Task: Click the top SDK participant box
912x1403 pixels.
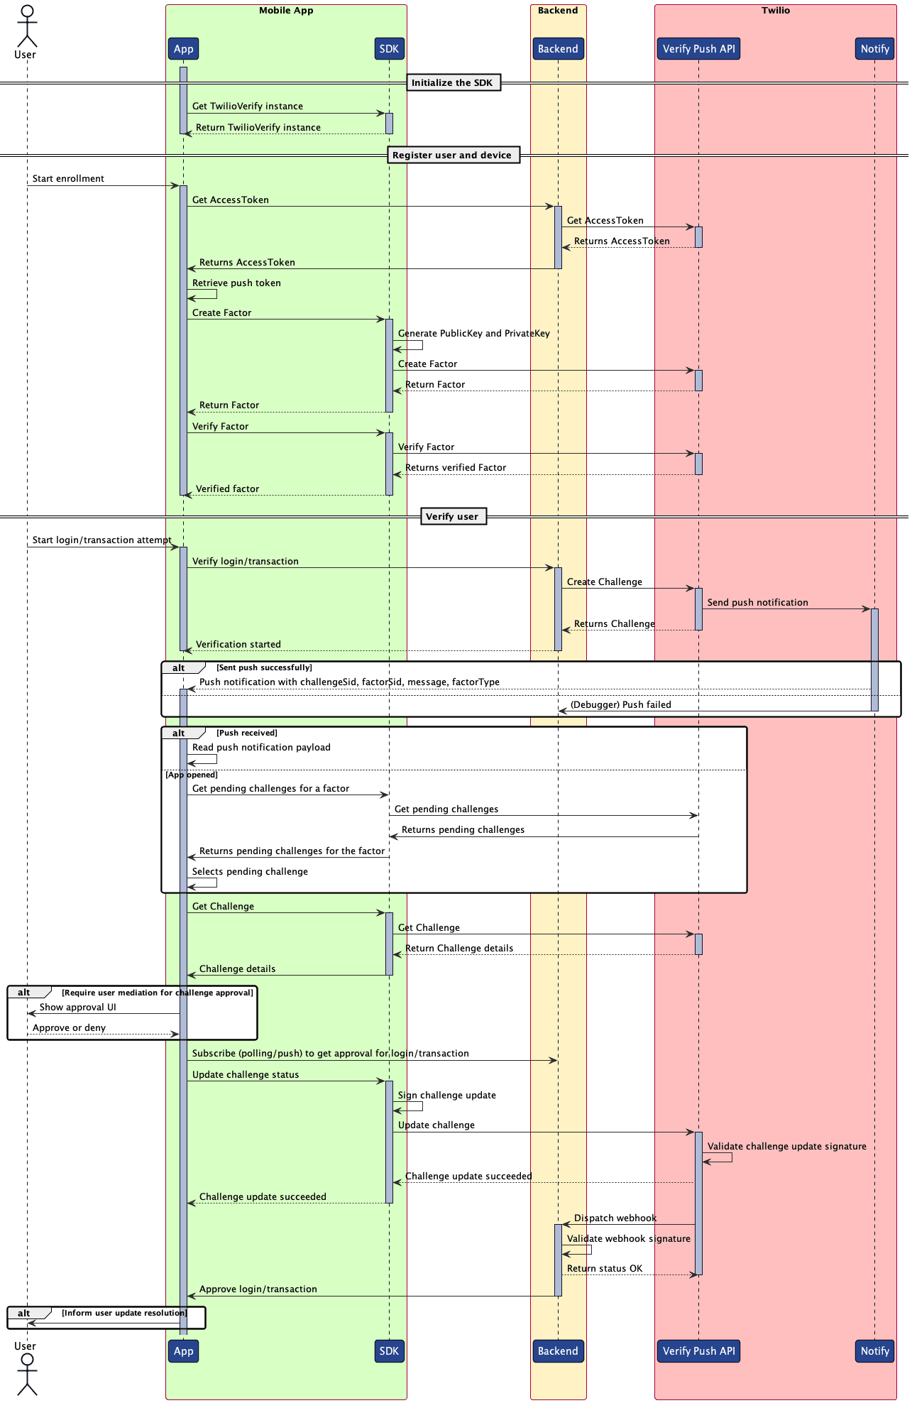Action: pos(389,49)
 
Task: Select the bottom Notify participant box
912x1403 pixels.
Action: pos(874,1350)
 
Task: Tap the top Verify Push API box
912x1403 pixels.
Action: pos(698,49)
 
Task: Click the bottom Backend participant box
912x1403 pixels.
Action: pos(558,1350)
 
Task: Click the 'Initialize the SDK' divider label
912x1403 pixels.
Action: pos(452,83)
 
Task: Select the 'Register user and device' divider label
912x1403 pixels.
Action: pos(452,155)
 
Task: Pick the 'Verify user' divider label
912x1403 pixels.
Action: pos(452,516)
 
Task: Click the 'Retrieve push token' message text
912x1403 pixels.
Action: pos(236,283)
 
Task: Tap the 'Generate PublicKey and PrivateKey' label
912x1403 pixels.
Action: pos(473,334)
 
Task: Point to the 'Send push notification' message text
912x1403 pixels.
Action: pos(757,603)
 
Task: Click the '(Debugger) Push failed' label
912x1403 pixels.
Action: pos(620,705)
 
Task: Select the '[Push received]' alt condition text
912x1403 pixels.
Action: pos(247,733)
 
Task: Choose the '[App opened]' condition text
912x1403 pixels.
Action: pos(192,775)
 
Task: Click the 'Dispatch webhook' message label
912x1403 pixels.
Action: pos(615,1218)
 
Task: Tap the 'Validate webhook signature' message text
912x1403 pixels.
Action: pos(628,1239)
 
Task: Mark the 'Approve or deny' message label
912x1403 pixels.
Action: pos(69,1028)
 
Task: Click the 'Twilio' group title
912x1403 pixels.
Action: pos(775,11)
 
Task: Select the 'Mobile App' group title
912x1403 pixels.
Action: pos(286,11)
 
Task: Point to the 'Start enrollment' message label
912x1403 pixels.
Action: pos(68,179)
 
